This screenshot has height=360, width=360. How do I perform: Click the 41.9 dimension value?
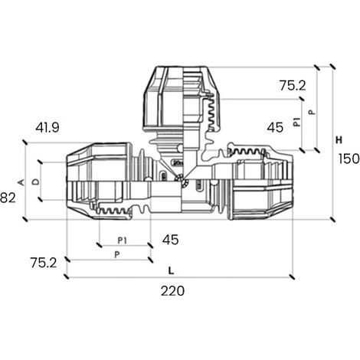[x=47, y=127]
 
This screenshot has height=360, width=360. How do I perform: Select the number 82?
[x=8, y=198]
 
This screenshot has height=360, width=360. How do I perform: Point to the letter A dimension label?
[x=21, y=182]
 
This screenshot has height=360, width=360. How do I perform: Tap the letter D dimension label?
[x=37, y=182]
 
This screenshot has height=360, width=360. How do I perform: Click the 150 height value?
[x=349, y=159]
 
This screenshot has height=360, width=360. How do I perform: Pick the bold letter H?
[x=339, y=140]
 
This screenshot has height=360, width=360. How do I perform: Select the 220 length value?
[x=172, y=291]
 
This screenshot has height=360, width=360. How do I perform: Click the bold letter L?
[x=171, y=270]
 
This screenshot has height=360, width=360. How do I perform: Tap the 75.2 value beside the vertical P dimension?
[x=293, y=85]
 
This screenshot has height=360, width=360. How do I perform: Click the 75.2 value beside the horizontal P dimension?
[x=44, y=263]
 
